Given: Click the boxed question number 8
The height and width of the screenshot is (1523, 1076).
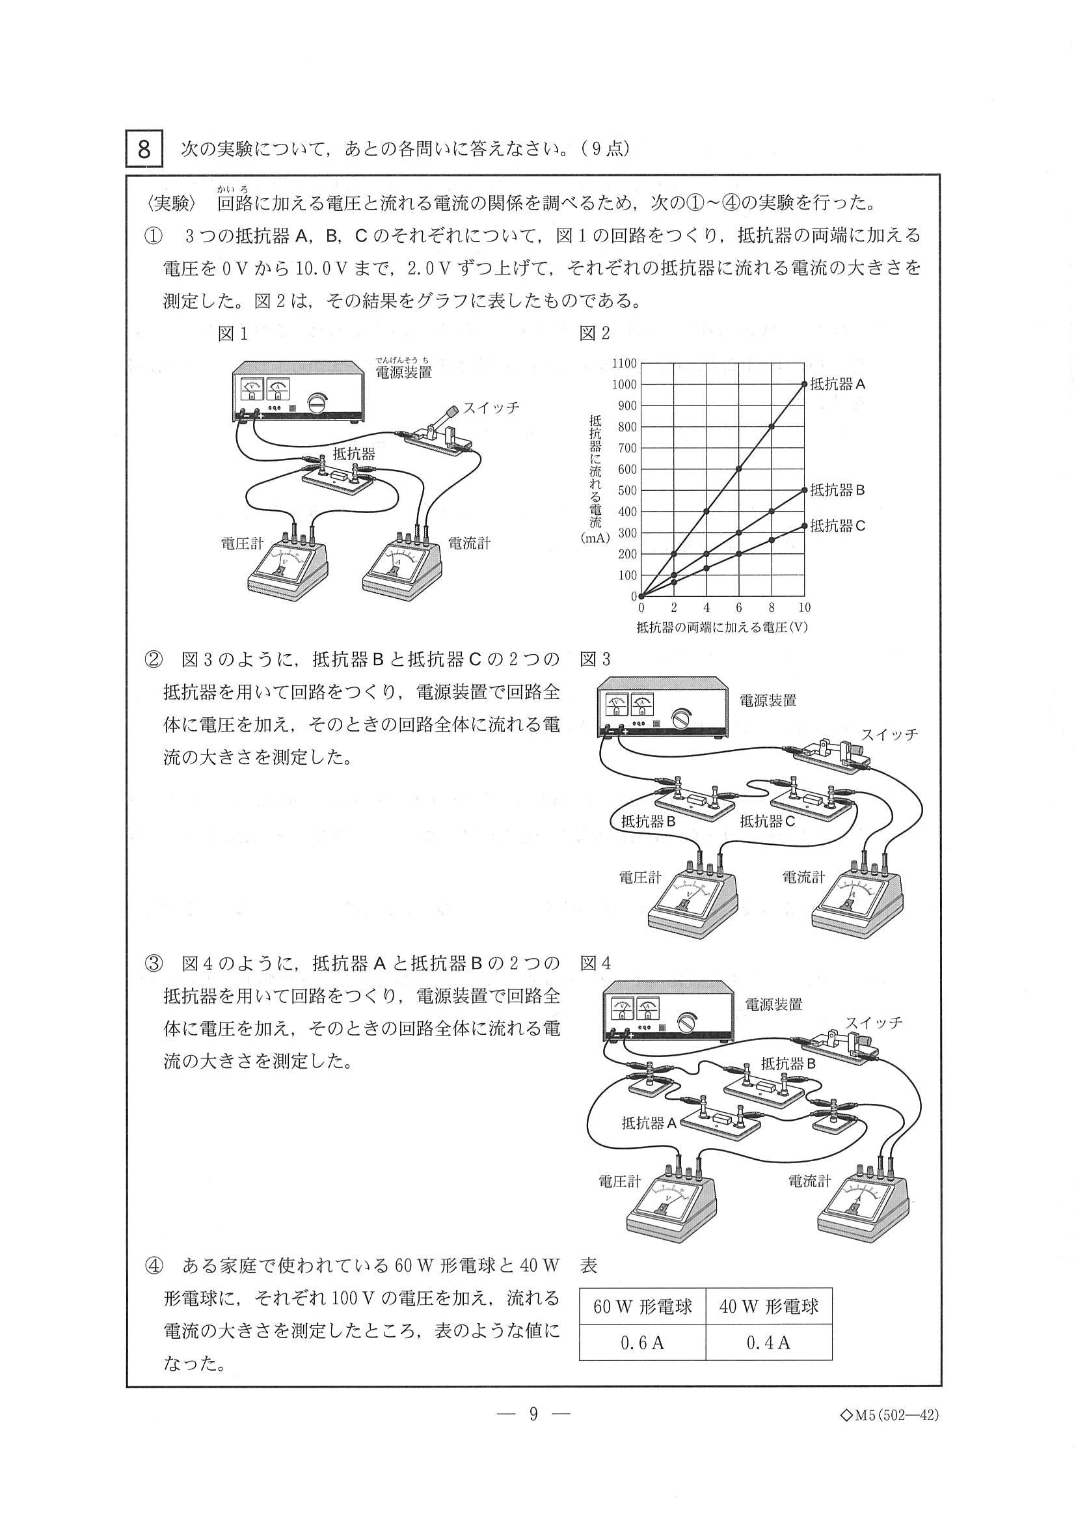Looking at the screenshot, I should coord(144,149).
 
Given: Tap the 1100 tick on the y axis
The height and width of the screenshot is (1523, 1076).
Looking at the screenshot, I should coord(624,364).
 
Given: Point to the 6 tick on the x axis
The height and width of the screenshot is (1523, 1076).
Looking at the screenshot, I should coord(738,608).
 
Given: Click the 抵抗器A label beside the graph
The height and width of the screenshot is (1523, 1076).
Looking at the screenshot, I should coord(837,384).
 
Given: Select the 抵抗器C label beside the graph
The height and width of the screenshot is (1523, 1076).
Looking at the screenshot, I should coord(837,526).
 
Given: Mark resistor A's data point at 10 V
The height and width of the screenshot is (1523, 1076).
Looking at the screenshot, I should coord(804,384).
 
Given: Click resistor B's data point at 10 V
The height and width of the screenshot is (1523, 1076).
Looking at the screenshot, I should coord(804,490).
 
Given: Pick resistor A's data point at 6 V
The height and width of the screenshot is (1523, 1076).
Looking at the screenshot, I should coord(739,469).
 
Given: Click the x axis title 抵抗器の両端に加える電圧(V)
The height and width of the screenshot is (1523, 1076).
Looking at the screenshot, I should coord(722,627).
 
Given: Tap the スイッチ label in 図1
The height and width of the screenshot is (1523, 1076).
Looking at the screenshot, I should coord(491,408).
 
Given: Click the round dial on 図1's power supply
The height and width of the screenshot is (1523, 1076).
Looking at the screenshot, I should coord(317,402).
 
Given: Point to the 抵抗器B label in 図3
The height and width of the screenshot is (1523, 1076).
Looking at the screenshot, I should coord(648,821).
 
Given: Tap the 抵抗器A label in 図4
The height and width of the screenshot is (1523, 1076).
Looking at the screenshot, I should coord(649,1123).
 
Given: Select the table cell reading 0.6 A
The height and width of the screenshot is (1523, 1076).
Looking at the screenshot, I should coord(641,1343).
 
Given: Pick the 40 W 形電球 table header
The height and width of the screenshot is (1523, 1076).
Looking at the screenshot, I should coord(768,1307).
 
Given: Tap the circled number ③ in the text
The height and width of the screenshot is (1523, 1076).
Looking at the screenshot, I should coord(153,964).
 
